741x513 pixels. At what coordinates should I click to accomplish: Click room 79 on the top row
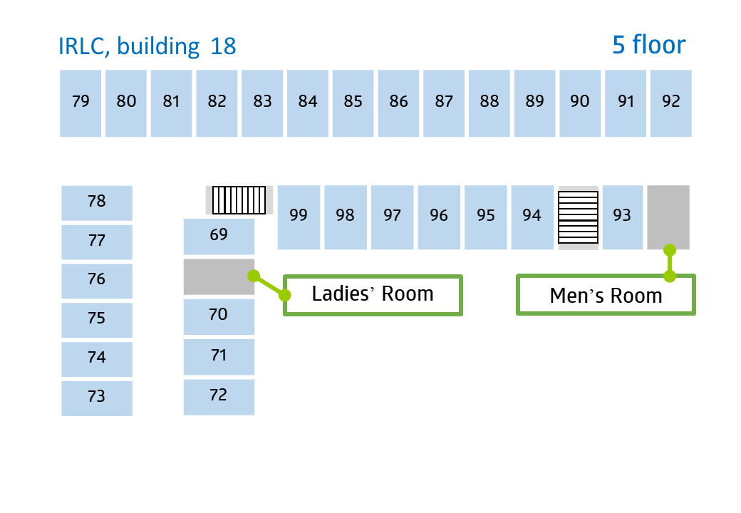[81, 103]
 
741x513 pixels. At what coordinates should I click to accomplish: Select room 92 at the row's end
[671, 103]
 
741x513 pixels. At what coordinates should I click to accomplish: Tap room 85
[353, 103]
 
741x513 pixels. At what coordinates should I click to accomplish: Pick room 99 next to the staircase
[299, 217]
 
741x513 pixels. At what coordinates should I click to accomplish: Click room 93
[623, 217]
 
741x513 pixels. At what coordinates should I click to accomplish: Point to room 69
[219, 236]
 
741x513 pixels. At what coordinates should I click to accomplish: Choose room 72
[219, 398]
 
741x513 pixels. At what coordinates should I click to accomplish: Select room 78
[97, 203]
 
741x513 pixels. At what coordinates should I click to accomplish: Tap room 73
[97, 399]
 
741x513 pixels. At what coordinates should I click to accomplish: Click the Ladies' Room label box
[373, 295]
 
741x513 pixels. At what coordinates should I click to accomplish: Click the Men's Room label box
[606, 295]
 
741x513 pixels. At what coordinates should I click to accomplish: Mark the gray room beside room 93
[668, 217]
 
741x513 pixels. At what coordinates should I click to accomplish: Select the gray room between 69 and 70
[219, 277]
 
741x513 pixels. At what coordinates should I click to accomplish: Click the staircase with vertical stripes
[239, 200]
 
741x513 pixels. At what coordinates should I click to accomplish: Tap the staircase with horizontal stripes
[579, 217]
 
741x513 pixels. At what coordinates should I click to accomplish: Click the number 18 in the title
[223, 46]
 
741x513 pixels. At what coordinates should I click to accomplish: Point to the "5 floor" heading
[649, 45]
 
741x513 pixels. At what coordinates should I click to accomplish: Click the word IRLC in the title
[83, 47]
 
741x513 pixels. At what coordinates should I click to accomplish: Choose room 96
[439, 217]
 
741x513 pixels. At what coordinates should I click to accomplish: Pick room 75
[97, 321]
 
